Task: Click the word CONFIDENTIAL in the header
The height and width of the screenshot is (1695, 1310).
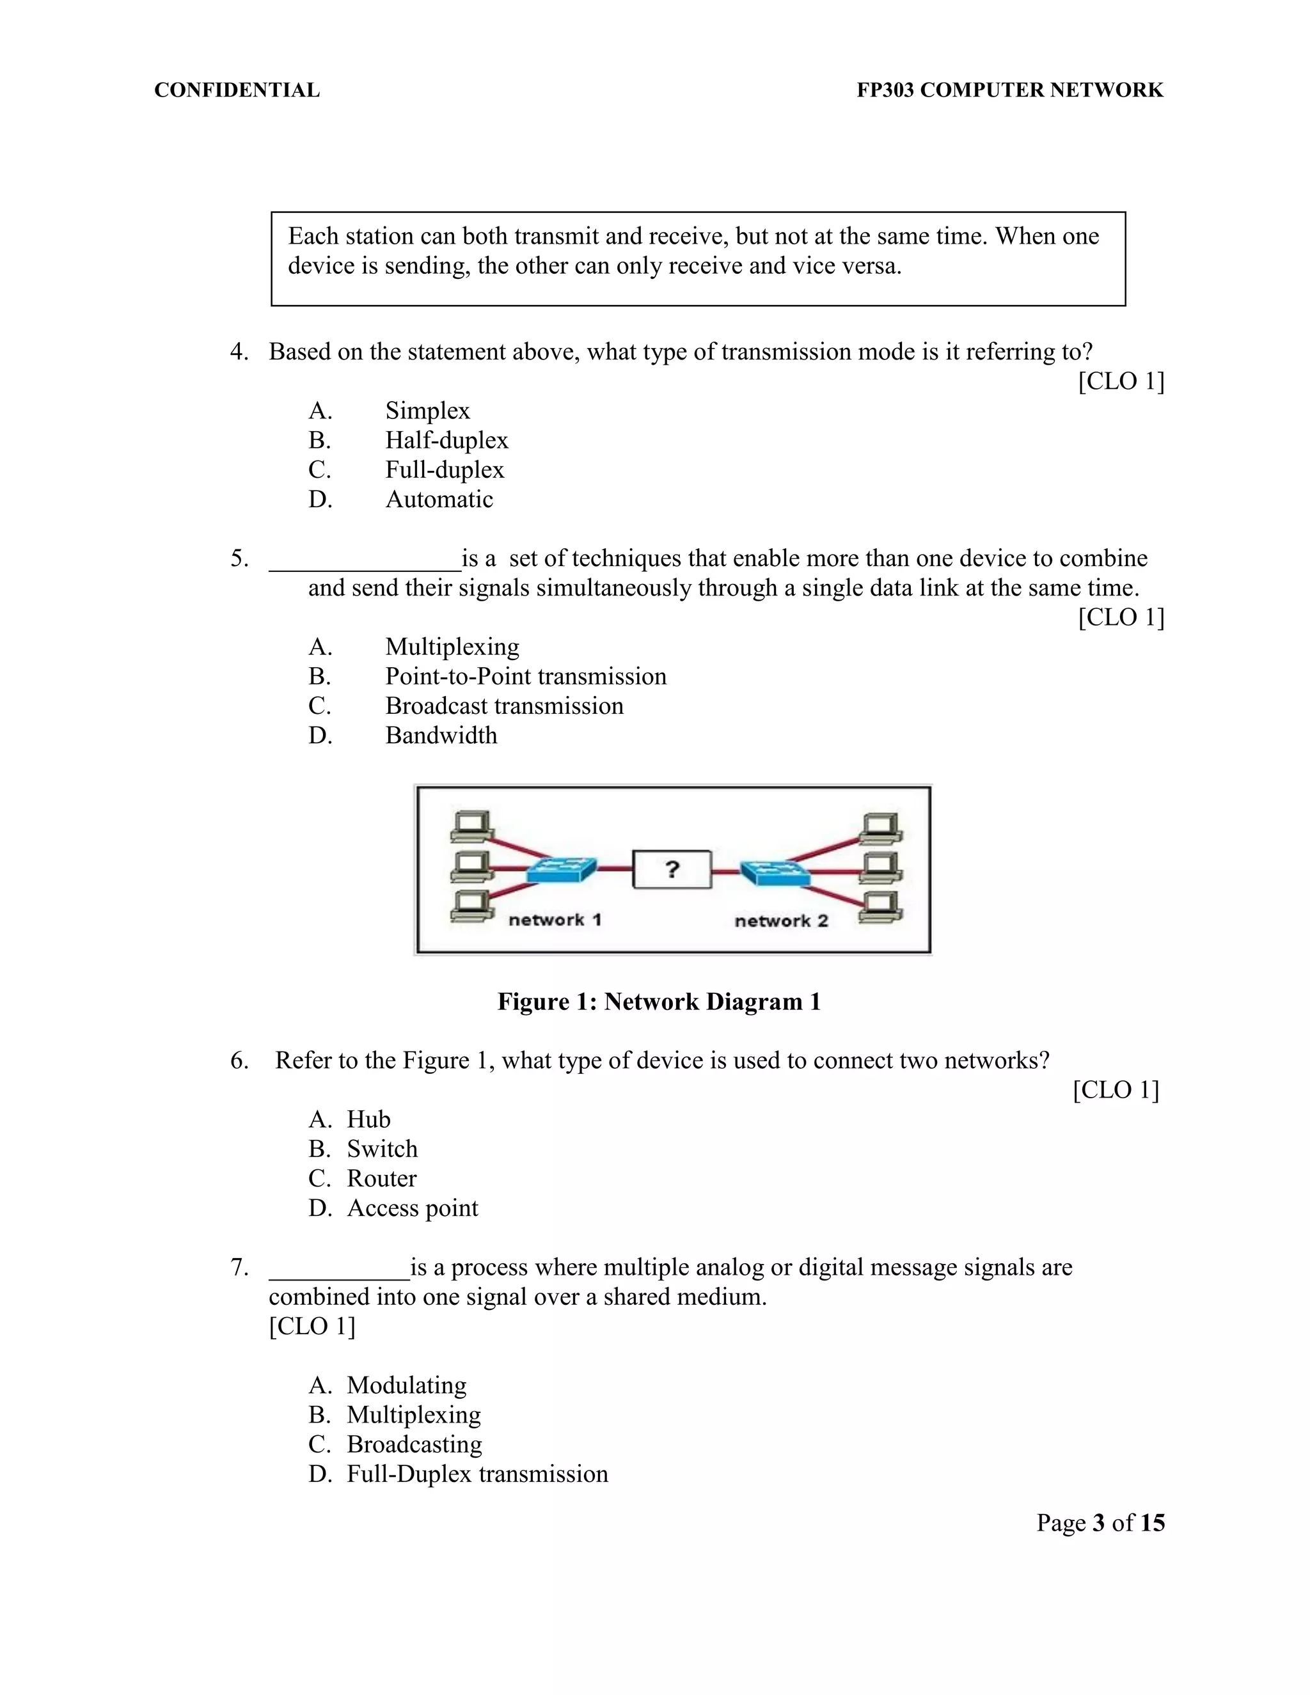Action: tap(237, 90)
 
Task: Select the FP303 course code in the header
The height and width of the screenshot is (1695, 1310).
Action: tap(885, 90)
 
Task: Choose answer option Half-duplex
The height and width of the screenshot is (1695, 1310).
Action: tap(446, 440)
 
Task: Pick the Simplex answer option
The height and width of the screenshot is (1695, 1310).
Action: tap(428, 411)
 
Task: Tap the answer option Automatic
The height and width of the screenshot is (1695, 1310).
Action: tap(439, 499)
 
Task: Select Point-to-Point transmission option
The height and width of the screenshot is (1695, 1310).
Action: tap(525, 676)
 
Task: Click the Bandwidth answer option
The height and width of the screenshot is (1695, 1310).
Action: tap(441, 735)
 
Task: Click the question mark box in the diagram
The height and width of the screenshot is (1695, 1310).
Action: tap(672, 869)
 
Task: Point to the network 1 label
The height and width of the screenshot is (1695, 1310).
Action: tap(555, 920)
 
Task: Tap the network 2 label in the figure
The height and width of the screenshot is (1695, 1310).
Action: tap(781, 920)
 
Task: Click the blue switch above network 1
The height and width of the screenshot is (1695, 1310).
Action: tap(562, 870)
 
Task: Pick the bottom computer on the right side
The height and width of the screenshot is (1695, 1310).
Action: tap(880, 908)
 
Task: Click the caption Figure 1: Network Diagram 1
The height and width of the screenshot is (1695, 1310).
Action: tap(659, 1002)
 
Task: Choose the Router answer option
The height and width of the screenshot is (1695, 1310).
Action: tap(381, 1178)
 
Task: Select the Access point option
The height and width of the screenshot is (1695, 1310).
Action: tap(412, 1208)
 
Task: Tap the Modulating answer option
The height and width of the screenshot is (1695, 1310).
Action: tap(407, 1385)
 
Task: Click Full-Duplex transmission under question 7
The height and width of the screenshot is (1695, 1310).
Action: tap(477, 1473)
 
